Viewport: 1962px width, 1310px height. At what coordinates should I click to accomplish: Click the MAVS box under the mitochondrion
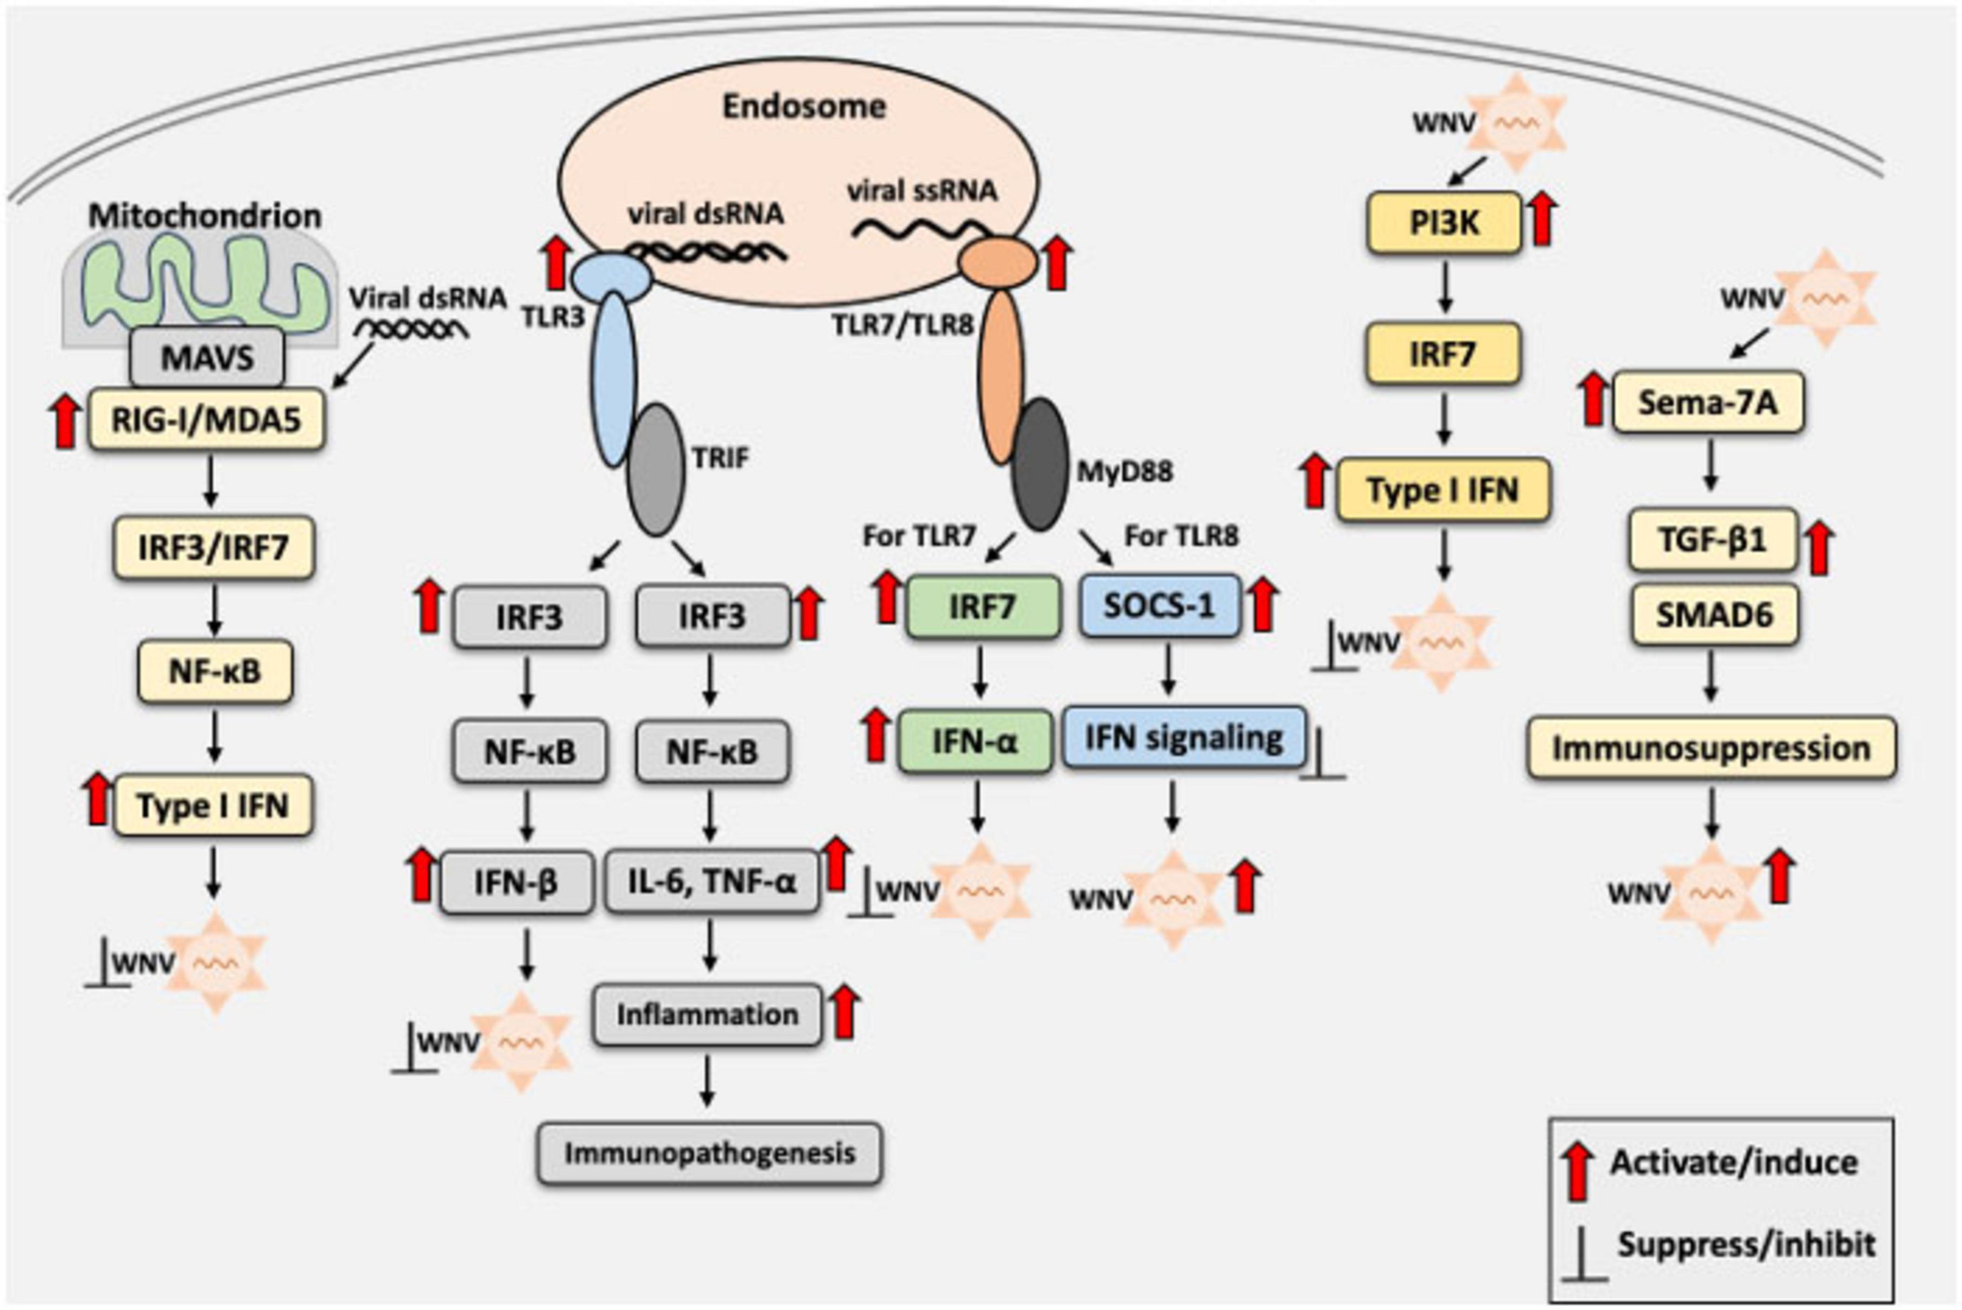point(206,359)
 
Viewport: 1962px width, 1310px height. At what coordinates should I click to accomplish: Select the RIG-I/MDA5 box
point(206,420)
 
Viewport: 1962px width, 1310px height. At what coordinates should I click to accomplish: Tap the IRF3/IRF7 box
point(214,548)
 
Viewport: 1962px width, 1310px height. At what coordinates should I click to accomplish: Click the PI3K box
point(1443,223)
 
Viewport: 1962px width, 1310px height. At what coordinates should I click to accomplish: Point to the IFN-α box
point(975,741)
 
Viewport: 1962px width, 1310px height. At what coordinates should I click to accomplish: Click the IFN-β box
point(516,882)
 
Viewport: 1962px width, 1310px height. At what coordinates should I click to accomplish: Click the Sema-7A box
point(1707,403)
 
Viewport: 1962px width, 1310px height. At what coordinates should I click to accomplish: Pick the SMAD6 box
point(1714,615)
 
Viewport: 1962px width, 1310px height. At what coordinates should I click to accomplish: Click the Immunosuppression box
point(1711,748)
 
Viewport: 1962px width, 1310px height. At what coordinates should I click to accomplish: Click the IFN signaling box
point(1184,738)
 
